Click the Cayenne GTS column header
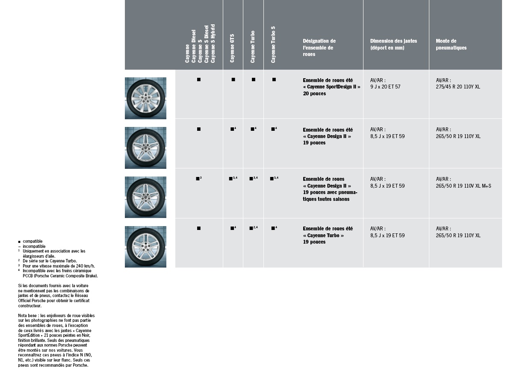232,48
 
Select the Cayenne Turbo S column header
273,44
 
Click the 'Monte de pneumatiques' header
451,44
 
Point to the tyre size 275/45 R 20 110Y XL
458,87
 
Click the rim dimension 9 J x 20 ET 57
385,87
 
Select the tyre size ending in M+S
464,186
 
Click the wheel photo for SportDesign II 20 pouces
145,98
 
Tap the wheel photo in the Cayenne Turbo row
145,247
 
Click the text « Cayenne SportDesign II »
331,87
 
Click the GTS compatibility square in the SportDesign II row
233,80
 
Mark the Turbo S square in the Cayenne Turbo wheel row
273,228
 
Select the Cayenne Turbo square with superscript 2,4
252,228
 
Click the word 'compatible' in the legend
32,241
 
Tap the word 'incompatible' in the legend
34,246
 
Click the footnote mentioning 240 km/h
59,266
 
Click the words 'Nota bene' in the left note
27,315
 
